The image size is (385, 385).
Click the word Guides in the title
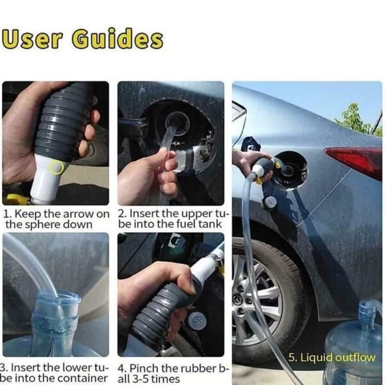tap(117, 39)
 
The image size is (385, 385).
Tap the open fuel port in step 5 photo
tap(289, 168)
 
